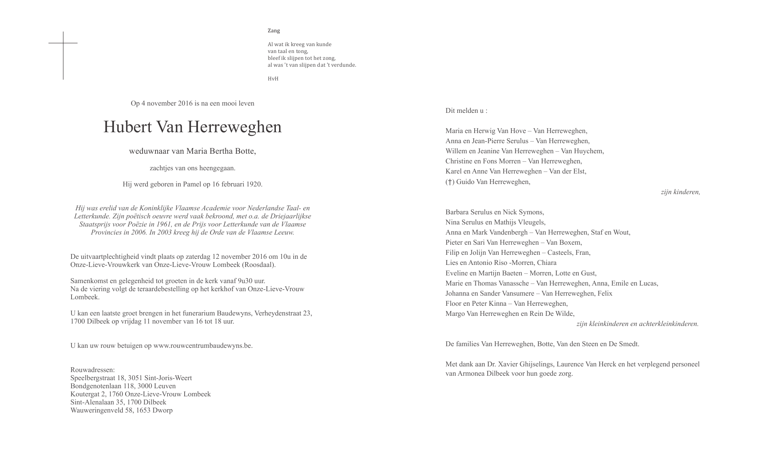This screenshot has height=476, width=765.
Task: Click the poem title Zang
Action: tap(273, 31)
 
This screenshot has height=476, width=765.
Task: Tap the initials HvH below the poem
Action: tap(273, 79)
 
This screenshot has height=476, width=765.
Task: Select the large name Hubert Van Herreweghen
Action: tap(192, 127)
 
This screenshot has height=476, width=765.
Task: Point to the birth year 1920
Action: tap(254, 184)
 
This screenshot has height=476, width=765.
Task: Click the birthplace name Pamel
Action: tap(192, 184)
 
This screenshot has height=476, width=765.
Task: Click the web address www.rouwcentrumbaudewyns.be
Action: tap(202, 346)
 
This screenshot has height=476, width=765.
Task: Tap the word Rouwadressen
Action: tap(92, 370)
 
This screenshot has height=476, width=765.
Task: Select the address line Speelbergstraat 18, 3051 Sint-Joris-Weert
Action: tap(131, 378)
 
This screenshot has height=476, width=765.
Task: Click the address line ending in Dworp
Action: tap(121, 410)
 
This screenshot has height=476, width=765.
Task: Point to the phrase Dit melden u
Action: tap(466, 111)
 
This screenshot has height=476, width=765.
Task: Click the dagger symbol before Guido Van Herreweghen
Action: tap(450, 182)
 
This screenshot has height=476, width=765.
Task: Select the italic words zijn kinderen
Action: tap(680, 192)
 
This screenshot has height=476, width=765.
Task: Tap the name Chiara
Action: tap(546, 263)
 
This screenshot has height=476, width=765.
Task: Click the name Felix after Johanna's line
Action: tap(604, 294)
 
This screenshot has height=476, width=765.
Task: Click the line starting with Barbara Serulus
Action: tap(494, 212)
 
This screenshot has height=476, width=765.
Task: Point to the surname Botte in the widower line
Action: tap(246, 151)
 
